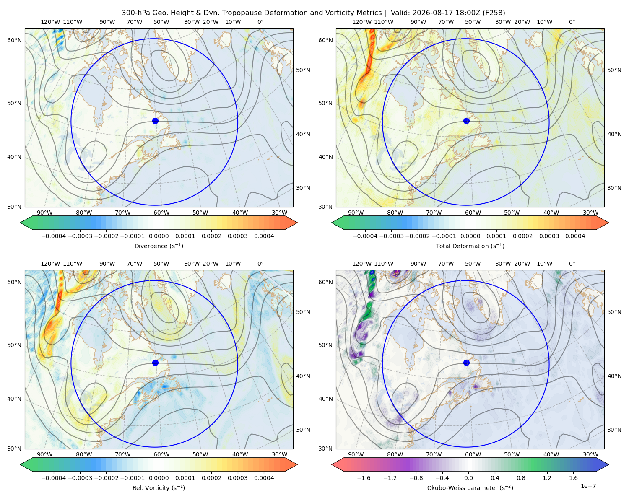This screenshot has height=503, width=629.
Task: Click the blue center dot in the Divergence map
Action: pyautogui.click(x=155, y=121)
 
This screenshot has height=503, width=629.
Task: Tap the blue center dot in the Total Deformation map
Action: pyautogui.click(x=466, y=121)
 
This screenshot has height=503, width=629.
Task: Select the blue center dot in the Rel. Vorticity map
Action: pyautogui.click(x=155, y=363)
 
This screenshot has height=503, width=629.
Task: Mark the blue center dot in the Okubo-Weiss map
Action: pyautogui.click(x=466, y=363)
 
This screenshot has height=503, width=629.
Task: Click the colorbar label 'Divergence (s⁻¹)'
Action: pyautogui.click(x=159, y=246)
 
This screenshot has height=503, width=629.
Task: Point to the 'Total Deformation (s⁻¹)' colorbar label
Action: pyautogui.click(x=470, y=246)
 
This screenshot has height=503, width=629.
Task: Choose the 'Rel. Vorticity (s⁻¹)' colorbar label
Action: pyautogui.click(x=159, y=488)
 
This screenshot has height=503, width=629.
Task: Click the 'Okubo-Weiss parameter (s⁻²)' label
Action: pyautogui.click(x=470, y=488)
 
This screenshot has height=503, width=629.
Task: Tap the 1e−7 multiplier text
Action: pyautogui.click(x=588, y=486)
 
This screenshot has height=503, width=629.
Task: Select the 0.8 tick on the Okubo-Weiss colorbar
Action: pyautogui.click(x=521, y=478)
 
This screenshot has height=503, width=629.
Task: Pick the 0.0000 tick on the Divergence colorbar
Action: pyautogui.click(x=159, y=236)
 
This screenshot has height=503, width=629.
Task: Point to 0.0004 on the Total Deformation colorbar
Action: pyautogui.click(x=575, y=236)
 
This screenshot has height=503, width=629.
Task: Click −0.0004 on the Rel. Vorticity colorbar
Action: pyautogui.click(x=54, y=478)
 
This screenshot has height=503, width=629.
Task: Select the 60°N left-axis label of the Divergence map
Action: pyautogui.click(x=14, y=40)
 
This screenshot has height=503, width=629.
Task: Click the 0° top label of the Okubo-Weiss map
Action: pyautogui.click(x=572, y=264)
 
